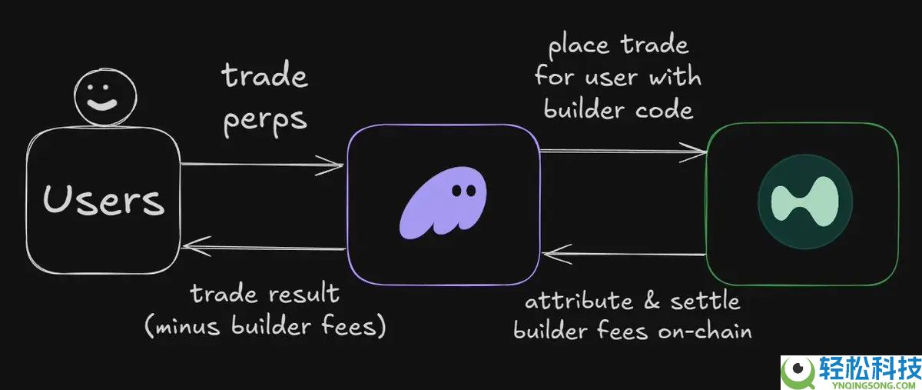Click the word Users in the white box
pyautogui.click(x=104, y=200)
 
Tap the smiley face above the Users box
pyautogui.click(x=105, y=97)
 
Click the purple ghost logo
pyautogui.click(x=443, y=203)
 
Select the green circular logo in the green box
pyautogui.click(x=805, y=202)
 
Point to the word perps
pyautogui.click(x=265, y=121)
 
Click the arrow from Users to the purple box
pyautogui.click(x=262, y=165)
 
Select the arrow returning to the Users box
pyautogui.click(x=263, y=248)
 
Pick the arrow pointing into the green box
pyautogui.click(x=623, y=152)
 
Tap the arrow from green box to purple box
pyautogui.click(x=625, y=254)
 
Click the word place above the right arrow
pyautogui.click(x=579, y=45)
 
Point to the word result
pyautogui.click(x=304, y=294)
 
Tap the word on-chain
pyautogui.click(x=705, y=331)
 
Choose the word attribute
pyautogui.click(x=579, y=301)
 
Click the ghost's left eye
pyautogui.click(x=457, y=191)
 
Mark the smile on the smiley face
pyautogui.click(x=102, y=105)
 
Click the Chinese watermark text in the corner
pyautogui.click(x=869, y=368)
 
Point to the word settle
pyautogui.click(x=705, y=301)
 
